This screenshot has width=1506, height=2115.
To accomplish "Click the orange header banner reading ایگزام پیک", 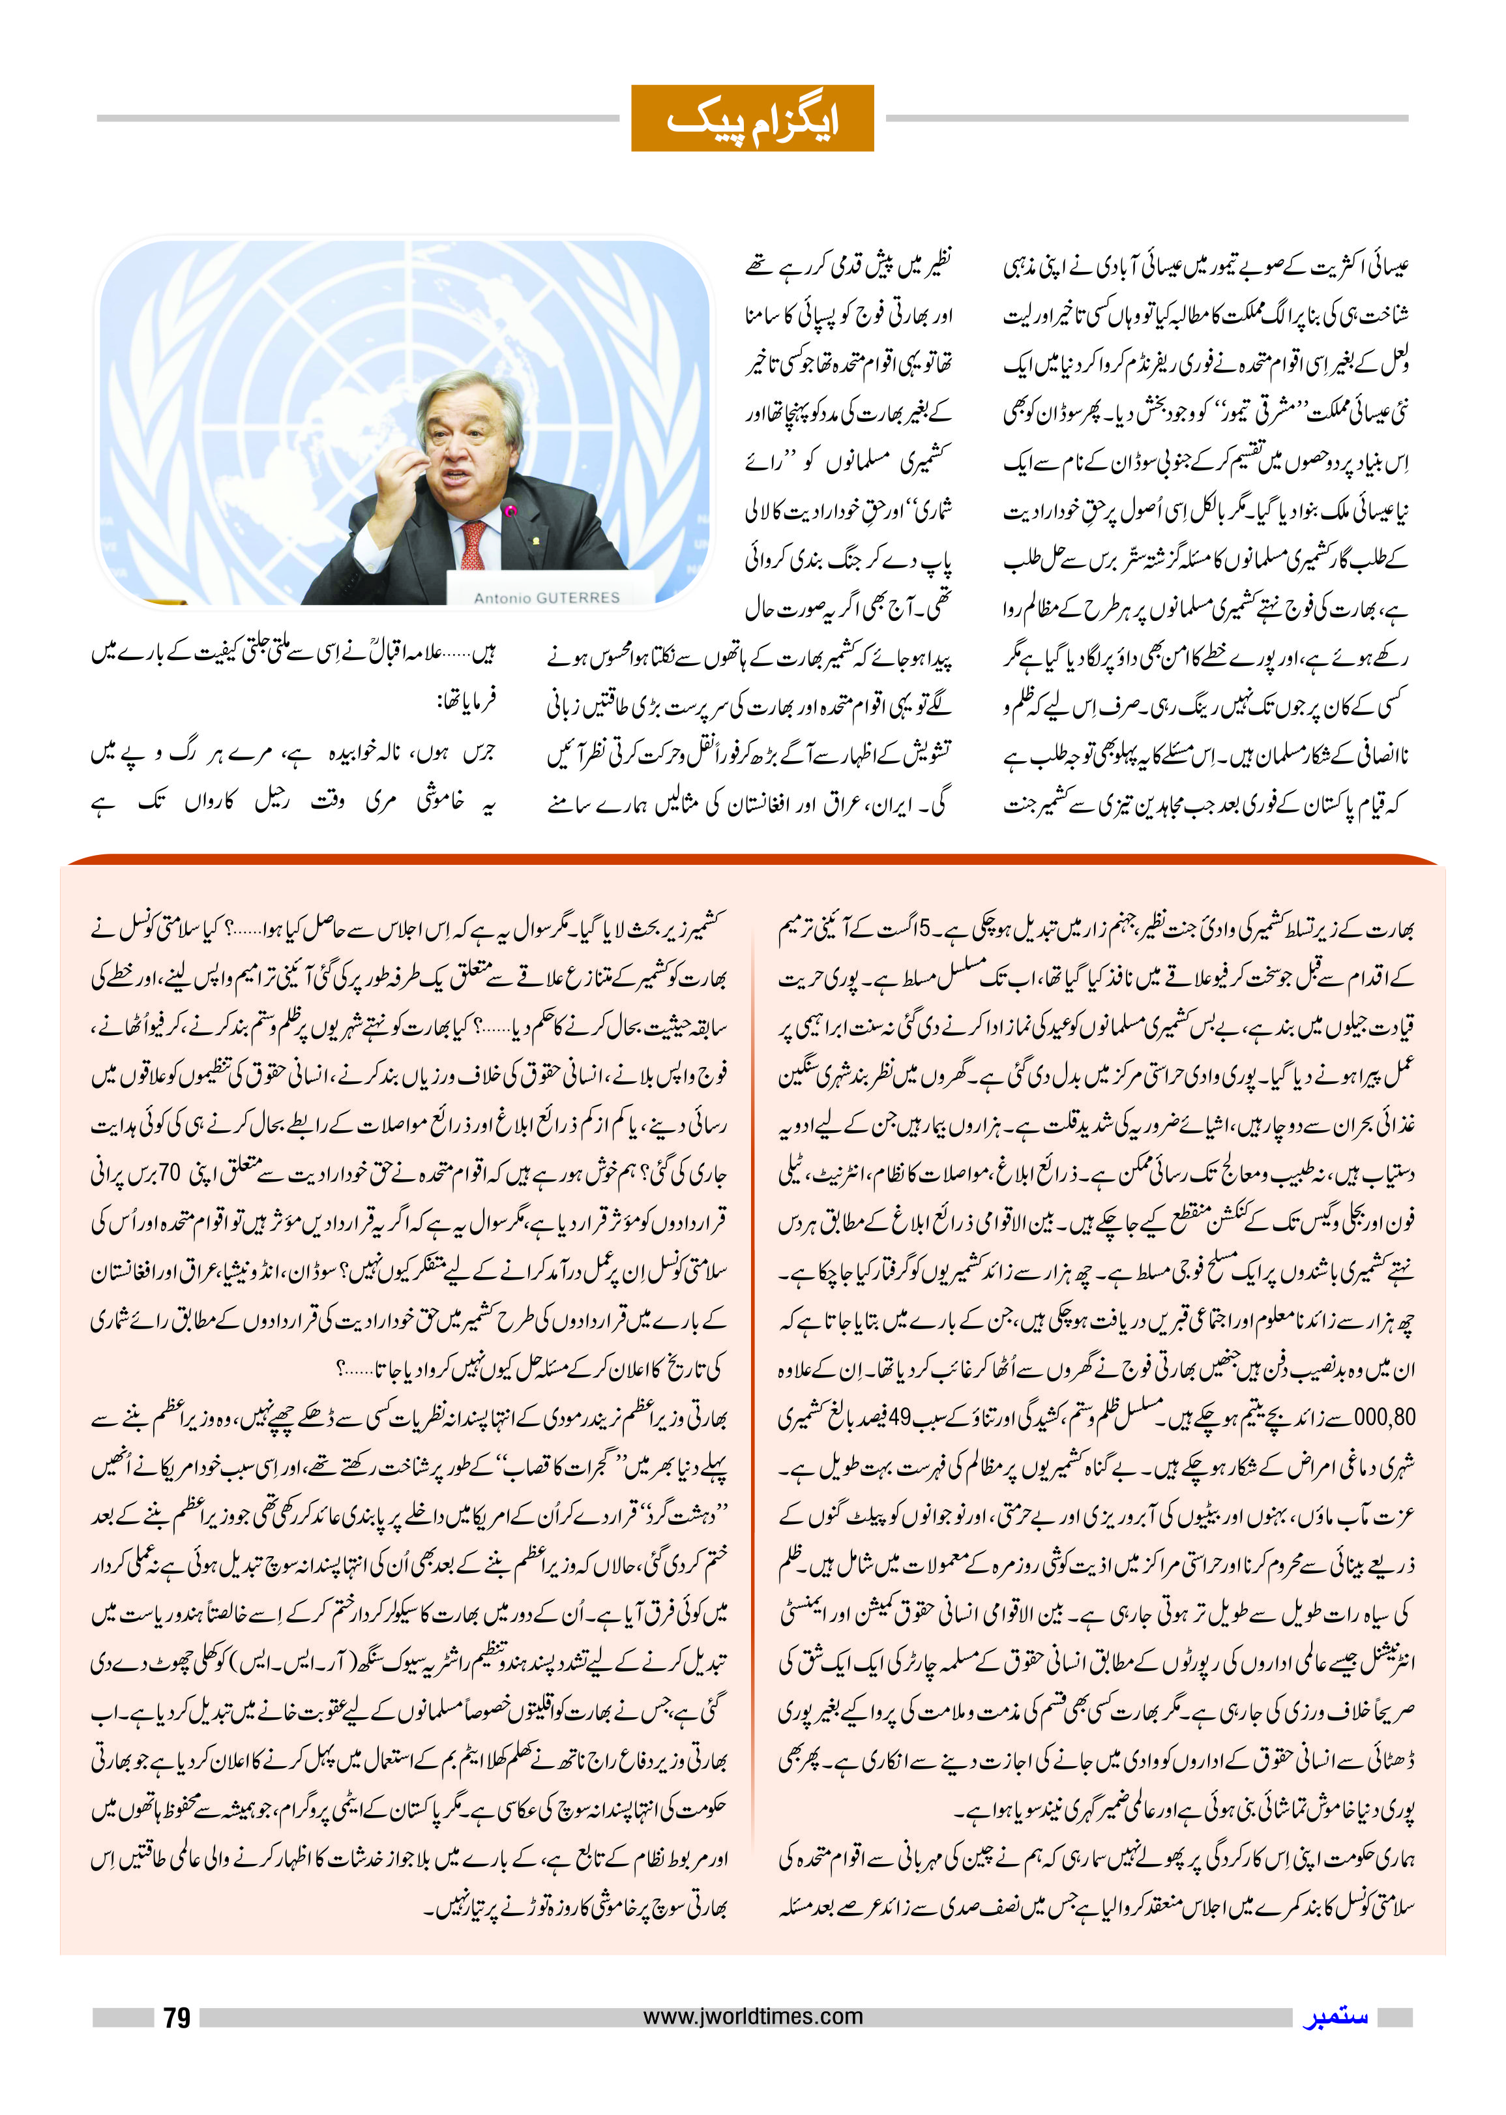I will point(752,118).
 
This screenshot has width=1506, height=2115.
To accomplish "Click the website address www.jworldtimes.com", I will point(752,2016).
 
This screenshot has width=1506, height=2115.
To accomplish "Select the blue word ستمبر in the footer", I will point(1335,2017).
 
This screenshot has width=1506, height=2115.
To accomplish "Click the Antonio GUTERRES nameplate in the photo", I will point(546,597).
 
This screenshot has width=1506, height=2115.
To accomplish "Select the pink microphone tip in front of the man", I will point(509,509).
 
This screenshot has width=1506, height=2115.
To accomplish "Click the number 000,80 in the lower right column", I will point(1383,1417).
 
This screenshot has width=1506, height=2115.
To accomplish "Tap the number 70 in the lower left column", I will point(169,1173).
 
